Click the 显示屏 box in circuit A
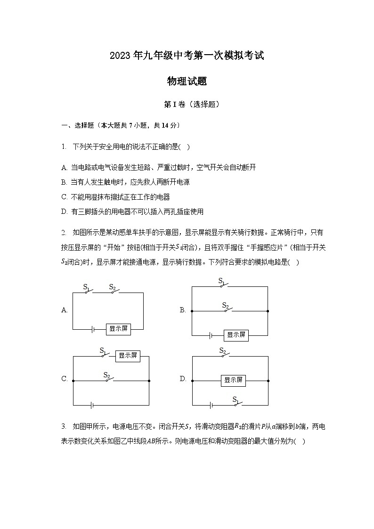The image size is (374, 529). pos(118,329)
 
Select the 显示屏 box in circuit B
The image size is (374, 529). pos(236,335)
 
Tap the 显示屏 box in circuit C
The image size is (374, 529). pos(128,356)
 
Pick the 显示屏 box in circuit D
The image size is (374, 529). pos(233,380)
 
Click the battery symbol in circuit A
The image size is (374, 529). pos(93,329)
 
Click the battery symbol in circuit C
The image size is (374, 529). pos(92,405)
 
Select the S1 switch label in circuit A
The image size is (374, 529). pos(86,286)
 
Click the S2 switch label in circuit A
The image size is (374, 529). pos(112,286)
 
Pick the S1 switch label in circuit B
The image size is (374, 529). pos(221,281)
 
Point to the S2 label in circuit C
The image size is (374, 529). pos(106,375)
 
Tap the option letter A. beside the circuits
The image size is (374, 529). pos(65,310)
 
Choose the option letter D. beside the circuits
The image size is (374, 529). pos(183,379)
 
